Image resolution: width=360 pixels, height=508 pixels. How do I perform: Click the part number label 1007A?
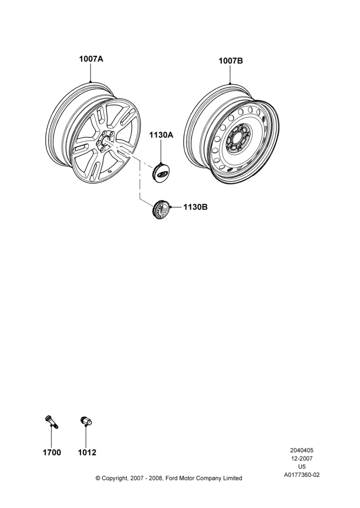(91, 59)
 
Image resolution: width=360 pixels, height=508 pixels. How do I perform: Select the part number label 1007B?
(231, 60)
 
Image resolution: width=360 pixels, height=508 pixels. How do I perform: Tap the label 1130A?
(161, 135)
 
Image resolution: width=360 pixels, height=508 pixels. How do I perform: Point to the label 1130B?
(195, 207)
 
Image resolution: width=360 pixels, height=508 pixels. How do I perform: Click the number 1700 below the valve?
(52, 452)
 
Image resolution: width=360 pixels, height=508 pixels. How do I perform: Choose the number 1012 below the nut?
(87, 452)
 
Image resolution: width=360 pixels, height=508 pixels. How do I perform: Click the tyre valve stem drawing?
(51, 422)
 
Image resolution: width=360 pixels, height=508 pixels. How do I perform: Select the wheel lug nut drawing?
(86, 421)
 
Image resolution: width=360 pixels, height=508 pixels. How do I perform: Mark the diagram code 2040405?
(302, 450)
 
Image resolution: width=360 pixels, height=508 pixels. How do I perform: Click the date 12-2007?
(302, 458)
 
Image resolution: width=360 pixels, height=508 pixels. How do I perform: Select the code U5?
(302, 467)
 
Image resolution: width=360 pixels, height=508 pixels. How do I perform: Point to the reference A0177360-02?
(302, 475)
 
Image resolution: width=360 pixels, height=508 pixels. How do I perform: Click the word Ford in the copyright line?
(172, 478)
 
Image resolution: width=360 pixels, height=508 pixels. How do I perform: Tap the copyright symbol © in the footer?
(98, 478)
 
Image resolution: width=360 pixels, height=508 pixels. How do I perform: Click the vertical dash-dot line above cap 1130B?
(140, 180)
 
